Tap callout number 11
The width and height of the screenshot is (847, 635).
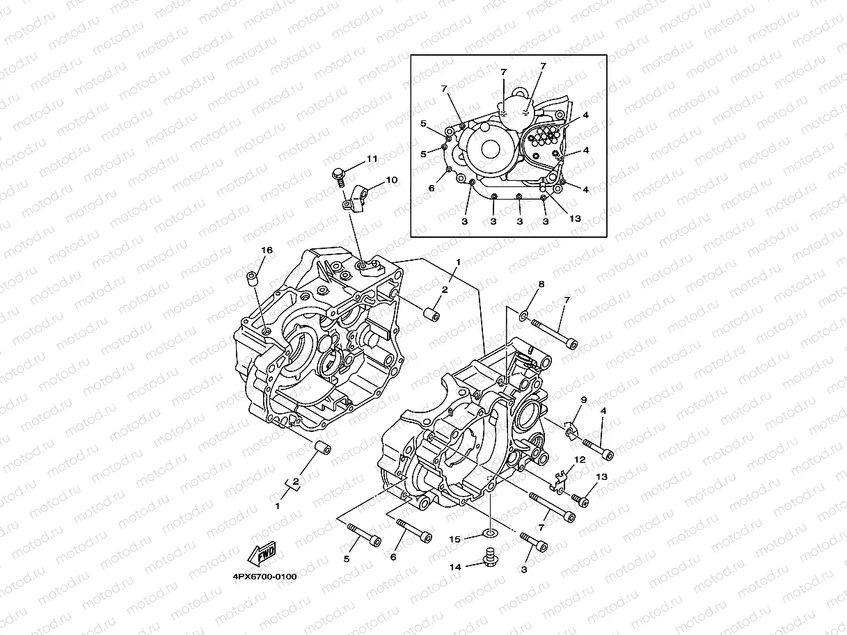(372, 159)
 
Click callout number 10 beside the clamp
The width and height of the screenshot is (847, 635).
(391, 180)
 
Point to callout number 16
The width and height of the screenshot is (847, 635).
(266, 250)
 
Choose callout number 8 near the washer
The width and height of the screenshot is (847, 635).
(541, 284)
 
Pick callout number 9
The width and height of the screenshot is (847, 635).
(584, 400)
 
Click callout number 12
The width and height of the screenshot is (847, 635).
(579, 460)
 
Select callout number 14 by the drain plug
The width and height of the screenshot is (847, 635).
(454, 567)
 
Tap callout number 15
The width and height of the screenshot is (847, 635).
(454, 539)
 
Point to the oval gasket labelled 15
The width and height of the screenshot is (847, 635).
(491, 534)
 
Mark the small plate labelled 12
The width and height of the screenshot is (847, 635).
(561, 481)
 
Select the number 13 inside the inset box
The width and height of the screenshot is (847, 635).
(576, 218)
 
